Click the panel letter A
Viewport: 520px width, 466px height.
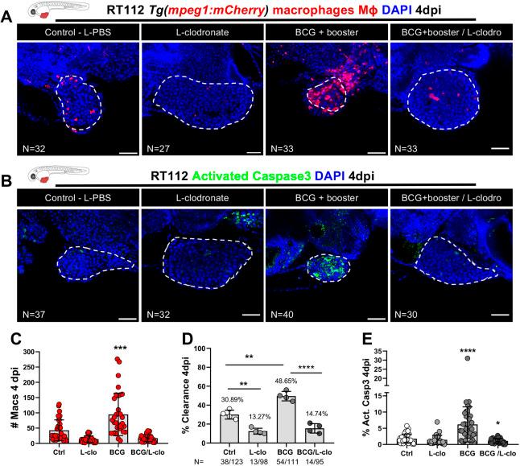(7, 15)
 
